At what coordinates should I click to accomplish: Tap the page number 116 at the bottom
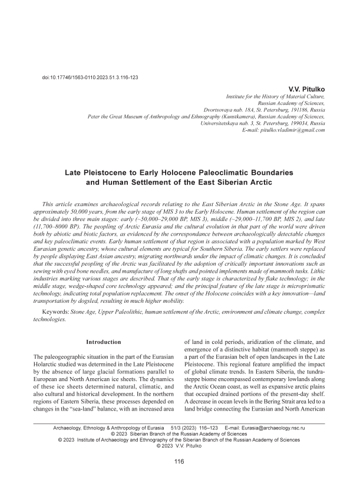tap(180, 461)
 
